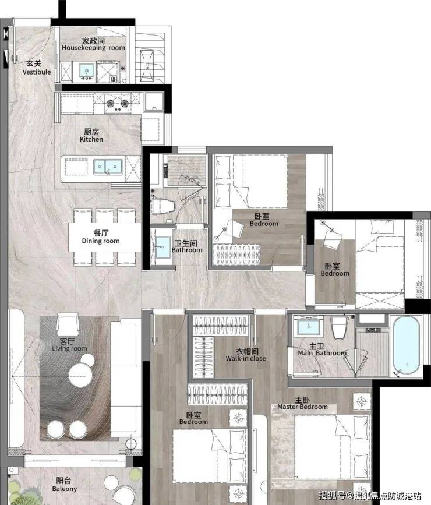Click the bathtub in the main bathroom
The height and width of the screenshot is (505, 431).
[x=406, y=345]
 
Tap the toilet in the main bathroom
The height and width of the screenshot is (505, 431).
[x=340, y=327]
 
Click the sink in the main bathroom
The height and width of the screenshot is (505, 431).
[x=308, y=326]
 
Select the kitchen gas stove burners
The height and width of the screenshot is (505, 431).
[x=118, y=103]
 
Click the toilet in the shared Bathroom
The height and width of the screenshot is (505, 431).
[x=162, y=206]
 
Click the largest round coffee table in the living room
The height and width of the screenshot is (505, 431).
[x=80, y=375]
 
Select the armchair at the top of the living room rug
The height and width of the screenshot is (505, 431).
[x=68, y=324]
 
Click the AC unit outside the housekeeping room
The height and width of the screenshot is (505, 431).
[x=147, y=66]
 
